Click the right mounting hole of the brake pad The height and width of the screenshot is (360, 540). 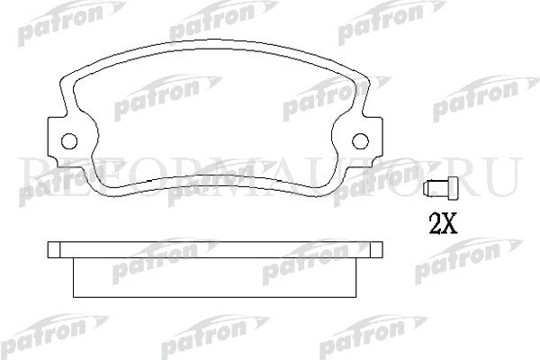(359, 140)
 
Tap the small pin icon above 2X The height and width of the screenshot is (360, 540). (439, 189)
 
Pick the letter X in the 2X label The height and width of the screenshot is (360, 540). (449, 220)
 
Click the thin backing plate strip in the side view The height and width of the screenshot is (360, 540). (215, 249)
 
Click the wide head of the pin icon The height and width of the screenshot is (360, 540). (449, 189)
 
